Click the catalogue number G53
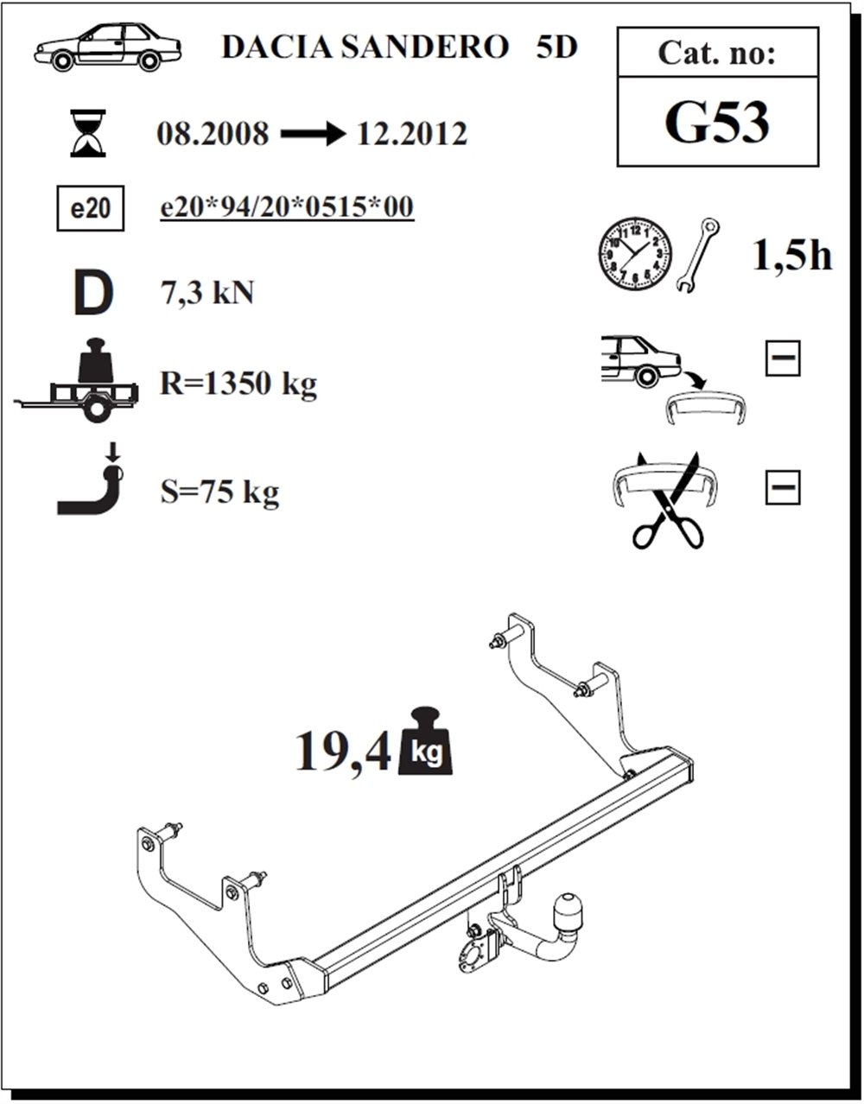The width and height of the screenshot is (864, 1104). pos(716,123)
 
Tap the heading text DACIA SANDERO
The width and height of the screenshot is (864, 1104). pos(365,48)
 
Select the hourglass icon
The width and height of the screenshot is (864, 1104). pos(88,133)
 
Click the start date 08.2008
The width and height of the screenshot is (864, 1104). pos(213,134)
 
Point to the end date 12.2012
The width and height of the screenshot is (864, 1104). pos(411,134)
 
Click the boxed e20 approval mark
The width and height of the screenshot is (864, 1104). pos(91,208)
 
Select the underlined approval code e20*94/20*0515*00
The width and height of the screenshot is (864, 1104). pos(287,207)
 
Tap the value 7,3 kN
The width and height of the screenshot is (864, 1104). pos(206,293)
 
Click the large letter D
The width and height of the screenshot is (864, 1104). pos(93,294)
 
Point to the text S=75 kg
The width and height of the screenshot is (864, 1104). pos(219,492)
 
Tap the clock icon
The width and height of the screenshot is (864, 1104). pos(634,254)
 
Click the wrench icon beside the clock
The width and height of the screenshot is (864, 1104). pos(697,255)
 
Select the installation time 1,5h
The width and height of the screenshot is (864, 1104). pos(791,255)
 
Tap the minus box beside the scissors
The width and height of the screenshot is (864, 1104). pos(783,487)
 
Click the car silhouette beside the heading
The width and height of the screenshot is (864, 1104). pos(108,47)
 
